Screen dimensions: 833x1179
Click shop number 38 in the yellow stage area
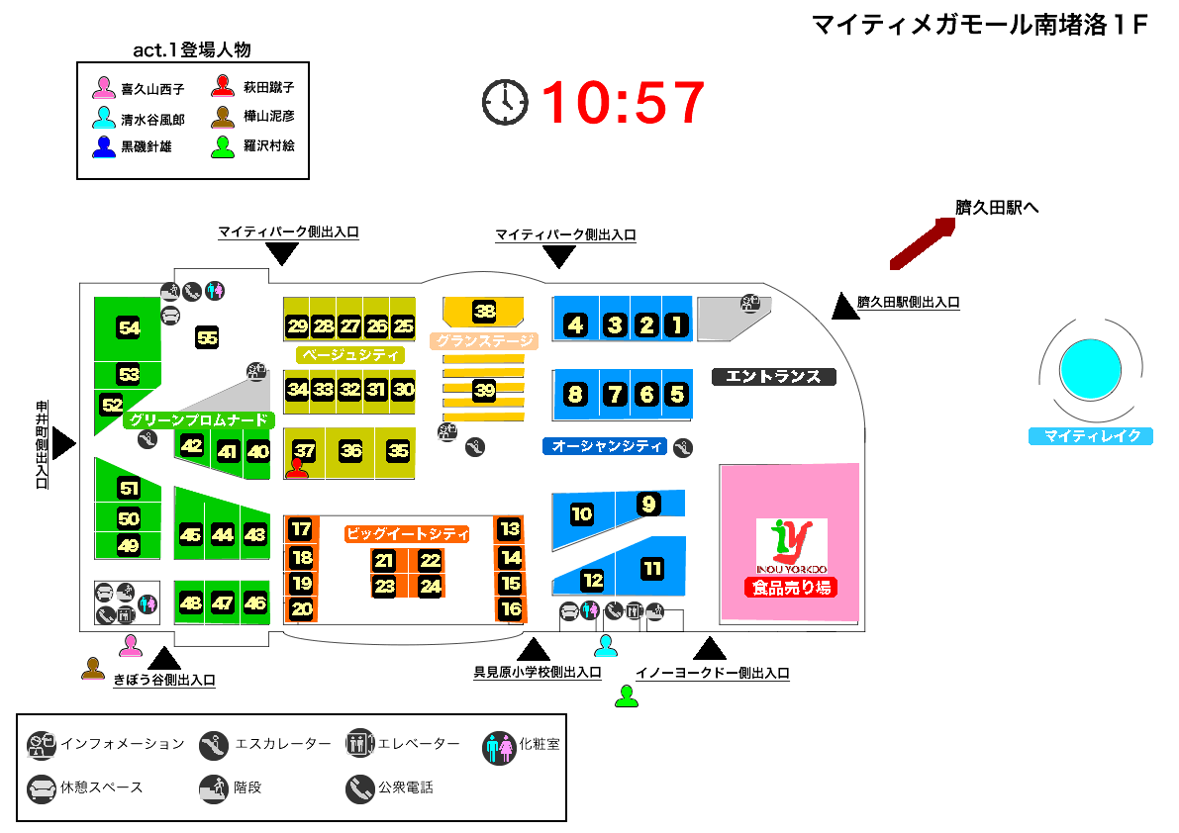tap(484, 311)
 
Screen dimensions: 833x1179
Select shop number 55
tap(207, 337)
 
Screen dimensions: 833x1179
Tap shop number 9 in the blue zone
tap(648, 504)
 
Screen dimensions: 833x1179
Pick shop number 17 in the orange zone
tap(302, 529)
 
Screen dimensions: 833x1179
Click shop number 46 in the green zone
tap(255, 602)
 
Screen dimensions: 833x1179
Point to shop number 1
tap(677, 324)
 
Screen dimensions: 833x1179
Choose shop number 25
tap(403, 325)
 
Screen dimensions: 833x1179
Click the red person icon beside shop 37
tap(297, 468)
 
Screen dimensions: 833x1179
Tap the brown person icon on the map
tap(93, 668)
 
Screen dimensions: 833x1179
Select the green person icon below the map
tap(626, 695)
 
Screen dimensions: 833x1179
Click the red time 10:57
tap(624, 102)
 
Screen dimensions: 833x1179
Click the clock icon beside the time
tap(505, 101)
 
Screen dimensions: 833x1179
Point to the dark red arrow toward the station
tap(922, 242)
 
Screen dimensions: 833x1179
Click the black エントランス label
tap(774, 376)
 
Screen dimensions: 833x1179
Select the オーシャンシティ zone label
tap(607, 446)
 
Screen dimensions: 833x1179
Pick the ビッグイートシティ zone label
tap(407, 534)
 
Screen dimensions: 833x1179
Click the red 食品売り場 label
tap(791, 588)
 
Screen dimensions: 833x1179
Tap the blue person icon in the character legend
tap(104, 146)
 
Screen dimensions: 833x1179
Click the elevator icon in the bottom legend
tap(359, 744)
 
